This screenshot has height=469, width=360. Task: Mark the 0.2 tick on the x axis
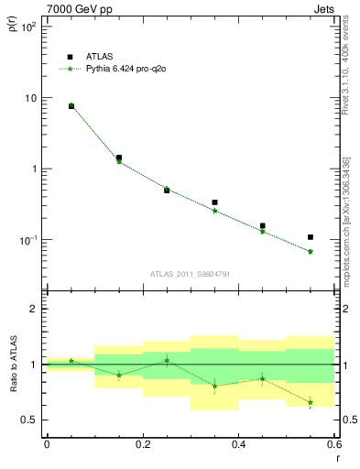[x=142, y=444]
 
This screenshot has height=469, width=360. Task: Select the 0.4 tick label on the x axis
[x=238, y=444]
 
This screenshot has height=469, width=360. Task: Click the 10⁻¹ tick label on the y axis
[x=27, y=240]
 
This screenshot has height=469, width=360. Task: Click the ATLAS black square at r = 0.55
[x=311, y=237]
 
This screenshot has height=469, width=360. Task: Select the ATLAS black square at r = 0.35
[x=214, y=202]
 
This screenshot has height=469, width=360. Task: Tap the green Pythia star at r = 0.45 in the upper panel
[x=263, y=231]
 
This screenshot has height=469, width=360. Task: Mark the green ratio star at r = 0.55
[x=311, y=402]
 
